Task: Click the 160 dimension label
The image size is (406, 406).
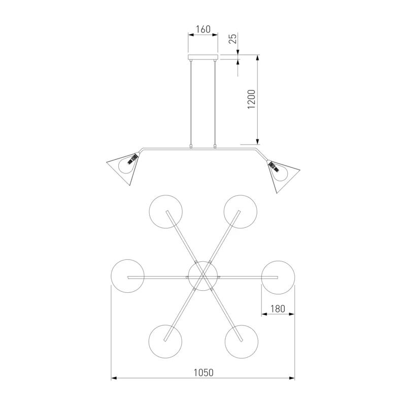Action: coord(203,29)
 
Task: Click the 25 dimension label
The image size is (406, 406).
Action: coord(233,39)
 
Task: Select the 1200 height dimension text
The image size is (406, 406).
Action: coord(251,99)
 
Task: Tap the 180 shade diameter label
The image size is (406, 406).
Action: coord(278,309)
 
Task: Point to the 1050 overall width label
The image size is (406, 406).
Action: coord(204,373)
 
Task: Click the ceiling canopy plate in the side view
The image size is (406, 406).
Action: coord(203,57)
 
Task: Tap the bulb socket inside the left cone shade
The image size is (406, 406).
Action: coord(132,159)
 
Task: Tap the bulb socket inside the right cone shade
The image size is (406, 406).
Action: coord(274,167)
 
